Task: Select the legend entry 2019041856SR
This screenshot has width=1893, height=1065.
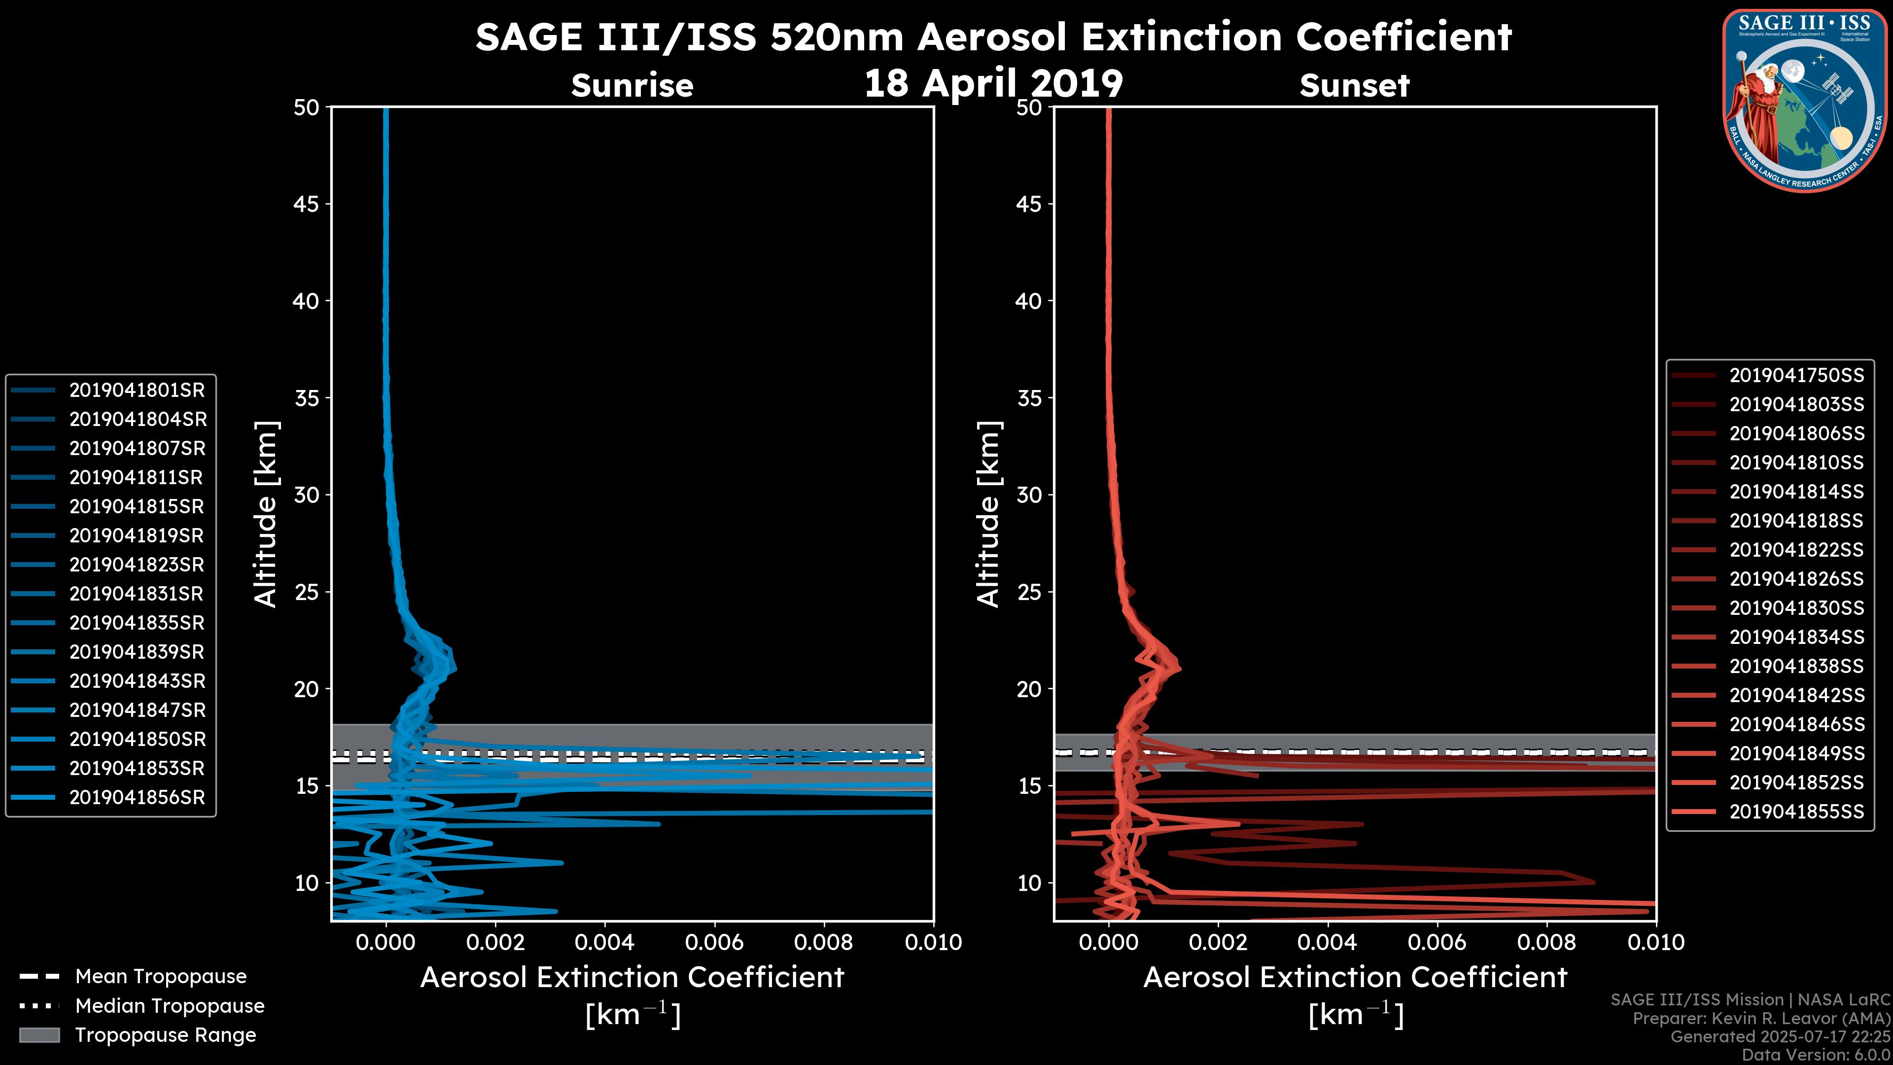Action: pos(137,797)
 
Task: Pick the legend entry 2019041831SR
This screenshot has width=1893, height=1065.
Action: pos(137,594)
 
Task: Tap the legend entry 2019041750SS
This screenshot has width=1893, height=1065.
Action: pos(1796,376)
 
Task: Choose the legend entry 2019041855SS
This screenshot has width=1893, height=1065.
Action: pos(1796,812)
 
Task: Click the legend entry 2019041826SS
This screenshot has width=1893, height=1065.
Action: pos(1796,579)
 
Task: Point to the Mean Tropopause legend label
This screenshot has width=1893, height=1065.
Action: pos(160,976)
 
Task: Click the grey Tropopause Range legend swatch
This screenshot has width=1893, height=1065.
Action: pos(39,1035)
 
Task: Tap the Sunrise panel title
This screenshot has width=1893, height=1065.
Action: pos(632,86)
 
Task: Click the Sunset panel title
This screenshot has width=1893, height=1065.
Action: pos(1354,86)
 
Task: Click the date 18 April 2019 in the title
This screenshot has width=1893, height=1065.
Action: pos(993,83)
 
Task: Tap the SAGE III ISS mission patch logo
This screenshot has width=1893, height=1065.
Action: pos(1805,99)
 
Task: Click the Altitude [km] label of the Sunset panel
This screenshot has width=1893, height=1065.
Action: pos(989,514)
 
